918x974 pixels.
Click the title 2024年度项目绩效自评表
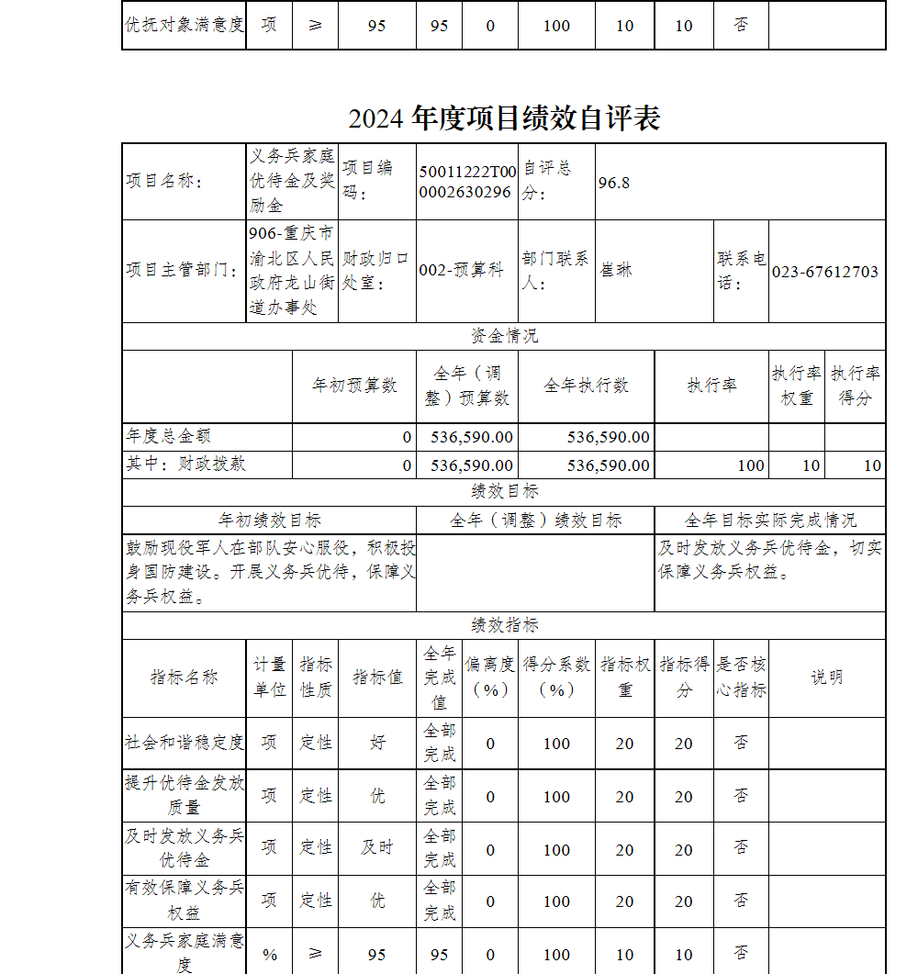[x=504, y=118]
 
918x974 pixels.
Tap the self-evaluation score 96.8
[x=614, y=182]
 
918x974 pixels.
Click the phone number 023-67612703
[x=824, y=272]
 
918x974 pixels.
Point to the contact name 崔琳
[x=616, y=271]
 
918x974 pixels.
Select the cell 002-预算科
[x=461, y=271]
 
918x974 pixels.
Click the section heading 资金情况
[x=504, y=336]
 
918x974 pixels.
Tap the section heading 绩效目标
[x=504, y=492]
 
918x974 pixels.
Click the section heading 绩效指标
[x=504, y=625]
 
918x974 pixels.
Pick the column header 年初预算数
[x=354, y=386]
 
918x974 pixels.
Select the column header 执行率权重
[x=796, y=386]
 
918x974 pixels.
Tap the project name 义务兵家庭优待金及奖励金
[x=293, y=181]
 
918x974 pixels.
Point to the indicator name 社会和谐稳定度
[x=185, y=743]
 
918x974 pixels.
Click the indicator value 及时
[x=376, y=847]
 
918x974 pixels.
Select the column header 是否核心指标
[x=741, y=677]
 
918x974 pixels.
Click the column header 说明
[x=826, y=677]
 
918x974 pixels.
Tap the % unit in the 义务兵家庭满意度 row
[x=269, y=955]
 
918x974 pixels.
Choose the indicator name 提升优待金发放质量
[x=185, y=795]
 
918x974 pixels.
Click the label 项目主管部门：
[x=184, y=271]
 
